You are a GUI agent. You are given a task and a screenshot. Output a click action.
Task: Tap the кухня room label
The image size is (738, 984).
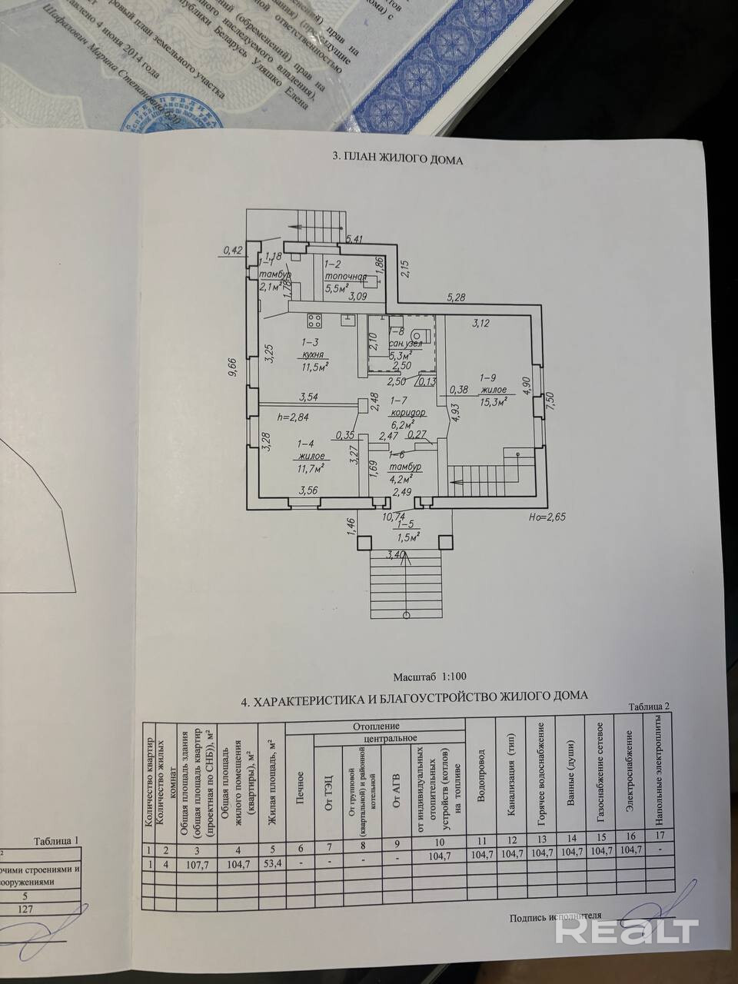click(313, 354)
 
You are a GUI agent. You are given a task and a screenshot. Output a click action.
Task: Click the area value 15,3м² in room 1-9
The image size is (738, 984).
click(492, 402)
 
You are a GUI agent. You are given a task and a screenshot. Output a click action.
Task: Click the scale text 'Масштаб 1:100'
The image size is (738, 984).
click(430, 677)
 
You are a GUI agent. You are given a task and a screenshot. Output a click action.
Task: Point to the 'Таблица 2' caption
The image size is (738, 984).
click(650, 706)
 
